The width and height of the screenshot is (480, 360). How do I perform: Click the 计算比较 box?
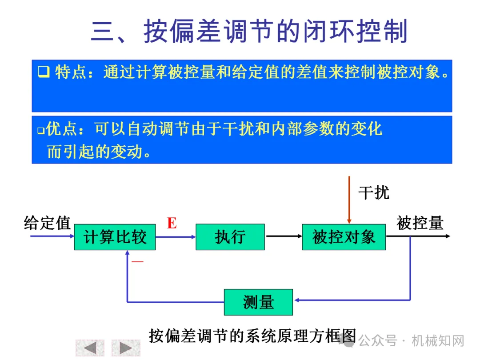point(115,237)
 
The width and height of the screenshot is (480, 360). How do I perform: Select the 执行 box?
point(230,237)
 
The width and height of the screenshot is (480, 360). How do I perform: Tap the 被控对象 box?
point(344,237)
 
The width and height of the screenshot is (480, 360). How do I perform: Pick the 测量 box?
point(258,302)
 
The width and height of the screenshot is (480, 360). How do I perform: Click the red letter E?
point(172,223)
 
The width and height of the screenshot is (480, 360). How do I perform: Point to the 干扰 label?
point(373,192)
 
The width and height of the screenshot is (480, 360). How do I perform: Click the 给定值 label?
point(47,223)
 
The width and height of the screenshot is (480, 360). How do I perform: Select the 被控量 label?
point(420,223)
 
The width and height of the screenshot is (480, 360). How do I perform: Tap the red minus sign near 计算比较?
point(137,262)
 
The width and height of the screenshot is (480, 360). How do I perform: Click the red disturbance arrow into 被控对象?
point(349,200)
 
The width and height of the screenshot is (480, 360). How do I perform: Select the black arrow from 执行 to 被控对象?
point(283,236)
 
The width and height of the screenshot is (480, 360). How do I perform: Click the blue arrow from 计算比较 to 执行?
point(176,236)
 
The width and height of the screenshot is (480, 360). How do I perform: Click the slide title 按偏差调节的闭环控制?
point(249,32)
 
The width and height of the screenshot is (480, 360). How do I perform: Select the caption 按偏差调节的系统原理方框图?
point(252,336)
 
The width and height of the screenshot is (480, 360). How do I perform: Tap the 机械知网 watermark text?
point(438,341)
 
